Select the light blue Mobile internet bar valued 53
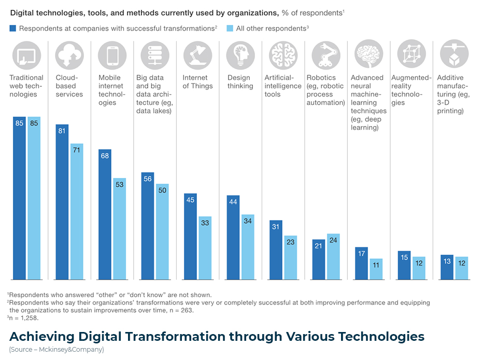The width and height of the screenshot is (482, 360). pos(120,228)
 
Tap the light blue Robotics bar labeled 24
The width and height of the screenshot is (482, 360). pos(333,256)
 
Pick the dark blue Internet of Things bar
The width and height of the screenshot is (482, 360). pos(190,236)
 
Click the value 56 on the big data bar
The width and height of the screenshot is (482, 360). pos(147,179)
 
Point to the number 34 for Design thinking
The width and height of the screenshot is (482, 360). pos(248,221)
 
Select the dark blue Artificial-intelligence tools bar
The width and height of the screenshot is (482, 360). pos(276,250)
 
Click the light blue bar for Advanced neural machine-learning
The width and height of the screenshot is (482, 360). pos(376,269)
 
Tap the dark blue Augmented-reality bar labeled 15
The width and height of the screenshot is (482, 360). pos(404,265)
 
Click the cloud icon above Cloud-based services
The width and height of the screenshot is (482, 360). pos(69,54)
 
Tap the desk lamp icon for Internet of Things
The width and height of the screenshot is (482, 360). pos(197,54)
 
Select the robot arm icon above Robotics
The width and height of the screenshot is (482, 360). pos(325,54)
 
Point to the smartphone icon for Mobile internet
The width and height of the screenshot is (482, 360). pos(112,54)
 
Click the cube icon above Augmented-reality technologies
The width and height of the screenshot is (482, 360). pos(411,54)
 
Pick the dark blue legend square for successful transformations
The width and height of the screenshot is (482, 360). pos(13,29)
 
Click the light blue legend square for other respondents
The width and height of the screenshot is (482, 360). pos(230,29)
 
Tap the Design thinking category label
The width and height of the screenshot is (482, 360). pos(239,82)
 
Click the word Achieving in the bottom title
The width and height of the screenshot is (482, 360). pos(41,336)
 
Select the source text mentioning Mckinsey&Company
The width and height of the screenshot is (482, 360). pos(56,350)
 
